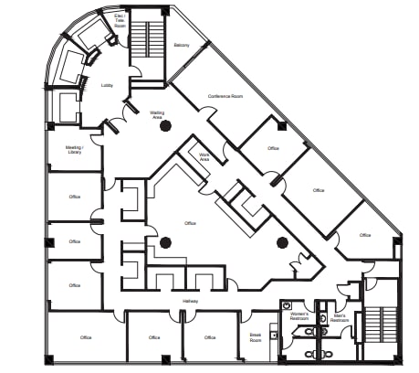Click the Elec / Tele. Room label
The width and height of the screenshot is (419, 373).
(x=120, y=20)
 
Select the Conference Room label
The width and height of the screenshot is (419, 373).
(x=225, y=96)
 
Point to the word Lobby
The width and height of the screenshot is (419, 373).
(x=107, y=85)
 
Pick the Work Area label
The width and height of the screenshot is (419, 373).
(x=206, y=156)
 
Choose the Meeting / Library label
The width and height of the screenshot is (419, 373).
(x=74, y=149)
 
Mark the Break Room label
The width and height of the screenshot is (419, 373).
(x=257, y=336)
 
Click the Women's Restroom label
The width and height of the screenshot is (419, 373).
(x=300, y=316)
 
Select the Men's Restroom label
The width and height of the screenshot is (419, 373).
(x=340, y=316)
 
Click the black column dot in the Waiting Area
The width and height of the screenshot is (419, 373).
(x=165, y=127)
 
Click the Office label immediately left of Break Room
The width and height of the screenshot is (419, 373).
(x=210, y=337)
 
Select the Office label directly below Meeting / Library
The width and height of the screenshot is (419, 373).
(x=74, y=198)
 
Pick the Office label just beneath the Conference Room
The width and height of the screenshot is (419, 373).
(x=273, y=148)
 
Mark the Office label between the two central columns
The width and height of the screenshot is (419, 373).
(x=190, y=223)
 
